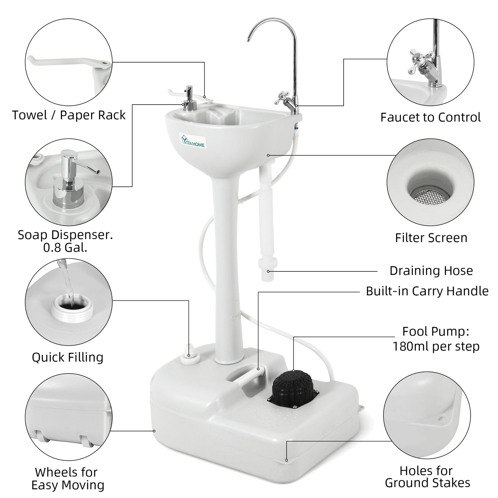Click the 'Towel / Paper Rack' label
pos(69,115)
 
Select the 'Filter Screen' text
pos(431,238)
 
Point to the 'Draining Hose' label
pos(431,271)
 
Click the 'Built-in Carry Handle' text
pos(427,291)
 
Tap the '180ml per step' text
pos(436,346)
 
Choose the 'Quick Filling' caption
pos(68,357)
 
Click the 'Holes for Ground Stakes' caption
pos(427,477)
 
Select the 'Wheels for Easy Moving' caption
pos(68,479)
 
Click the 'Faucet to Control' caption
pos(430,117)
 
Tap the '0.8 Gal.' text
pos(65,248)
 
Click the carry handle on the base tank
pos(249,377)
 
